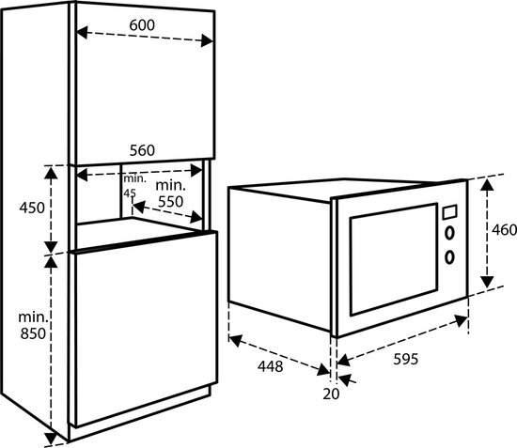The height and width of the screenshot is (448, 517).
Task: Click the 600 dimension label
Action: pyautogui.click(x=142, y=25)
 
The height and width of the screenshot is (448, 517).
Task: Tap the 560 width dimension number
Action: pyautogui.click(x=142, y=150)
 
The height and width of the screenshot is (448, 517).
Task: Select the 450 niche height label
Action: pyautogui.click(x=32, y=208)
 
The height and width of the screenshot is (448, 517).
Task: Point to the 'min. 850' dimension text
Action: pyautogui.click(x=33, y=325)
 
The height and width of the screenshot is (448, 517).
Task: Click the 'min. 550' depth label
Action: pyautogui.click(x=170, y=193)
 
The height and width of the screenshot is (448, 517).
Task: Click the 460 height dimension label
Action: pyautogui.click(x=504, y=229)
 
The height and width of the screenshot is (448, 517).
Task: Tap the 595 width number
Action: pyautogui.click(x=406, y=359)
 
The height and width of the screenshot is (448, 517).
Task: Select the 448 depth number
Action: pyautogui.click(x=271, y=366)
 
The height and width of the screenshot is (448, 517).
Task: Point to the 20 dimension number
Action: pyautogui.click(x=331, y=394)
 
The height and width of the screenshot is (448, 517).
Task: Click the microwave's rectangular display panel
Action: pyautogui.click(x=449, y=212)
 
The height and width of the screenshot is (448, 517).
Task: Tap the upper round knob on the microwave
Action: pyautogui.click(x=449, y=233)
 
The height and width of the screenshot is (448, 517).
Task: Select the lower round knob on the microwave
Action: pyautogui.click(x=449, y=257)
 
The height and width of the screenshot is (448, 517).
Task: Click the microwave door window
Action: pyautogui.click(x=394, y=259)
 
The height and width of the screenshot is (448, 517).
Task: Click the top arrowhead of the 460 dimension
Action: pyautogui.click(x=487, y=185)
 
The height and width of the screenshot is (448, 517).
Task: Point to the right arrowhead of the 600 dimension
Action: pyautogui.click(x=208, y=40)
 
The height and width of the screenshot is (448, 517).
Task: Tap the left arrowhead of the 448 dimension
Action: pyautogui.click(x=235, y=340)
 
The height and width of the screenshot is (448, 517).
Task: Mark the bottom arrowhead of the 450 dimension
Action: pyautogui.click(x=51, y=247)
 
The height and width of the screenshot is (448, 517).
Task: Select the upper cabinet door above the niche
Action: pyautogui.click(x=145, y=83)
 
